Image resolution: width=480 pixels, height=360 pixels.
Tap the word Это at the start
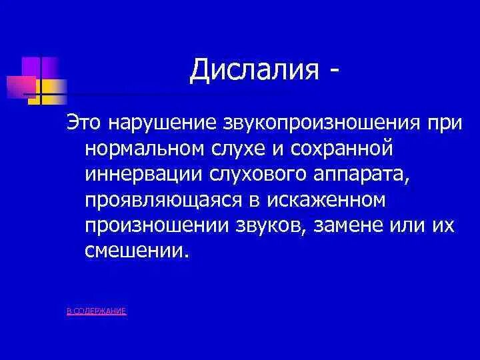(x=83, y=124)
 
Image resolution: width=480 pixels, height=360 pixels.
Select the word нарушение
(x=155, y=124)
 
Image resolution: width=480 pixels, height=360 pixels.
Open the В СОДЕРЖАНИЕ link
(x=97, y=311)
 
